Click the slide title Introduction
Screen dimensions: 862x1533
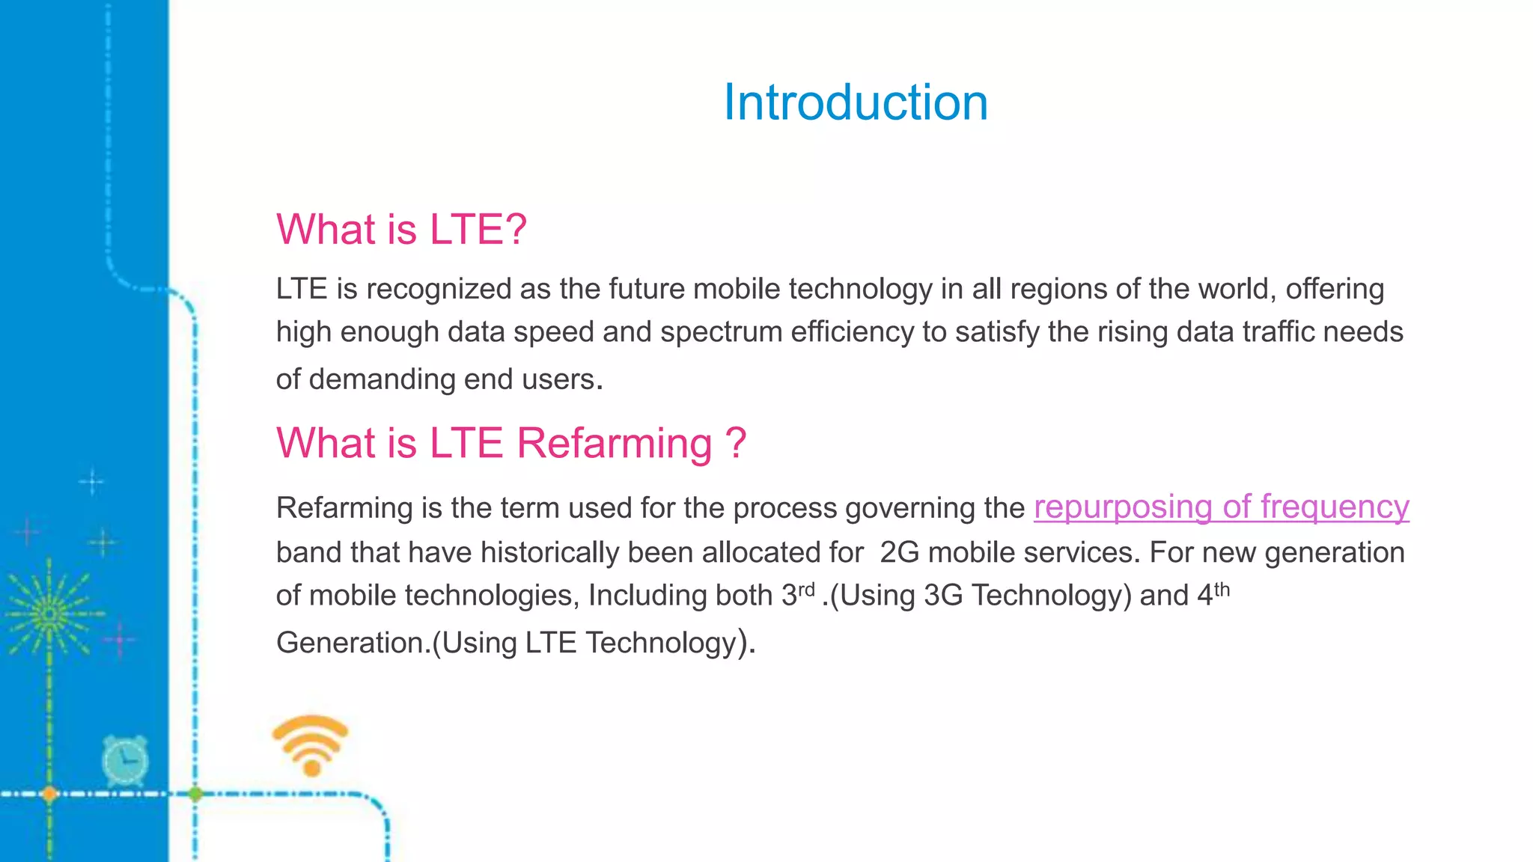(x=856, y=103)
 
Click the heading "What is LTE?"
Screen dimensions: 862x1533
(x=401, y=229)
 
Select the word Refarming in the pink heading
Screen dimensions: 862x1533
(x=614, y=443)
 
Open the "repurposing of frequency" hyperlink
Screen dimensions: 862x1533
(x=1222, y=507)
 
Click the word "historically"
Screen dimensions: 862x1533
(x=586, y=553)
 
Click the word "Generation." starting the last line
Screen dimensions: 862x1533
(x=353, y=643)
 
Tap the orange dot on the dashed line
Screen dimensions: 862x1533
(x=49, y=794)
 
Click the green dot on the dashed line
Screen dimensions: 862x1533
(x=195, y=794)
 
